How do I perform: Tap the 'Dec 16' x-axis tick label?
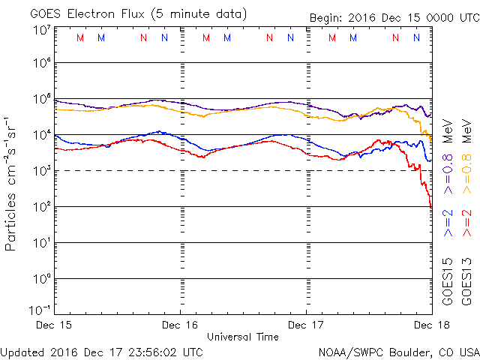tap(179, 325)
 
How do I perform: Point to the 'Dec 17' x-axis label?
tap(306, 325)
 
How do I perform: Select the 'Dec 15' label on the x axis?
tap(54, 325)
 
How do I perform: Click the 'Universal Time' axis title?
tap(242, 337)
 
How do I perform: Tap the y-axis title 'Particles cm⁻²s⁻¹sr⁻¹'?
tap(13, 184)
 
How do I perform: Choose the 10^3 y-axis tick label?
tap(40, 171)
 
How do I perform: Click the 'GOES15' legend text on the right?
tap(448, 282)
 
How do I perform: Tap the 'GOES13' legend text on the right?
tap(468, 282)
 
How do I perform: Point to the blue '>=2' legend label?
tap(448, 223)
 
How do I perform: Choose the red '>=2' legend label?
tap(468, 223)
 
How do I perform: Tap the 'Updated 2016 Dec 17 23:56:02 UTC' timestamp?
tap(101, 351)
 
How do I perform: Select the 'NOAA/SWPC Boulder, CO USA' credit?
tap(398, 351)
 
